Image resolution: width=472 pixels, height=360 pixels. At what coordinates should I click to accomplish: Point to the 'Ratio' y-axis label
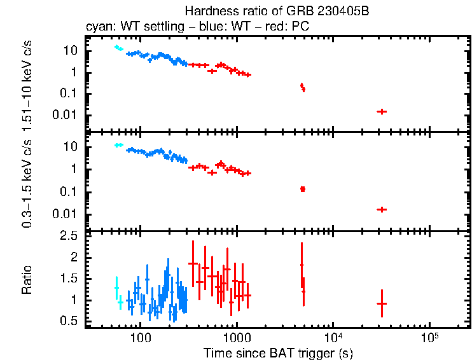[x=27, y=280]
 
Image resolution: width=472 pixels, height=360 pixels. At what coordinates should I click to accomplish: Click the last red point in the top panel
[x=382, y=111]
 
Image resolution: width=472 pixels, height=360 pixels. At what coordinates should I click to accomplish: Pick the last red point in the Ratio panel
[x=382, y=304]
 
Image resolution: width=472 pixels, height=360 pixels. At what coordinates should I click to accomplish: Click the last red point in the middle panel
[x=382, y=209]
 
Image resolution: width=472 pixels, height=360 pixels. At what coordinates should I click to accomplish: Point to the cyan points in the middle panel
[x=118, y=145]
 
